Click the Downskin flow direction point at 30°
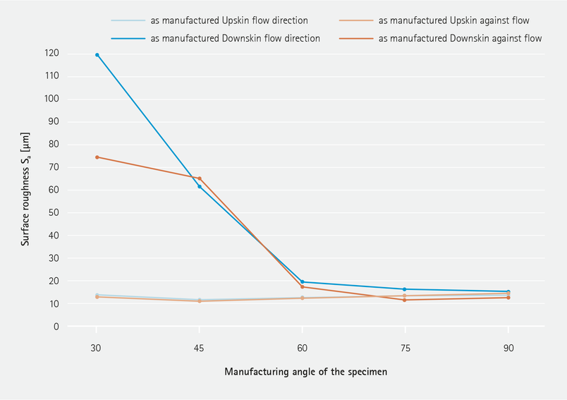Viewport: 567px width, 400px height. [x=97, y=54]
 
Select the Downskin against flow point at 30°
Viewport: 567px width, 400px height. [x=97, y=157]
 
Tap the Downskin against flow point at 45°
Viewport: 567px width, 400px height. [x=200, y=178]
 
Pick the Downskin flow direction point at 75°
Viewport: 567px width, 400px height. [x=405, y=289]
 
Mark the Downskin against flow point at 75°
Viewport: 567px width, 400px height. [x=405, y=300]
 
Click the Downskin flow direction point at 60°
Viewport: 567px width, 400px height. [x=303, y=282]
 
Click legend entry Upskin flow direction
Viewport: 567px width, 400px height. [x=228, y=20]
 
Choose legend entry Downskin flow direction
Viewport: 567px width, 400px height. [x=235, y=38]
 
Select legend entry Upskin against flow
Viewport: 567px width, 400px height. [x=453, y=20]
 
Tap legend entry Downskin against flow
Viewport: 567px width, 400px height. [x=460, y=38]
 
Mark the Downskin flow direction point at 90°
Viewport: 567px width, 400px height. [x=508, y=291]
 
